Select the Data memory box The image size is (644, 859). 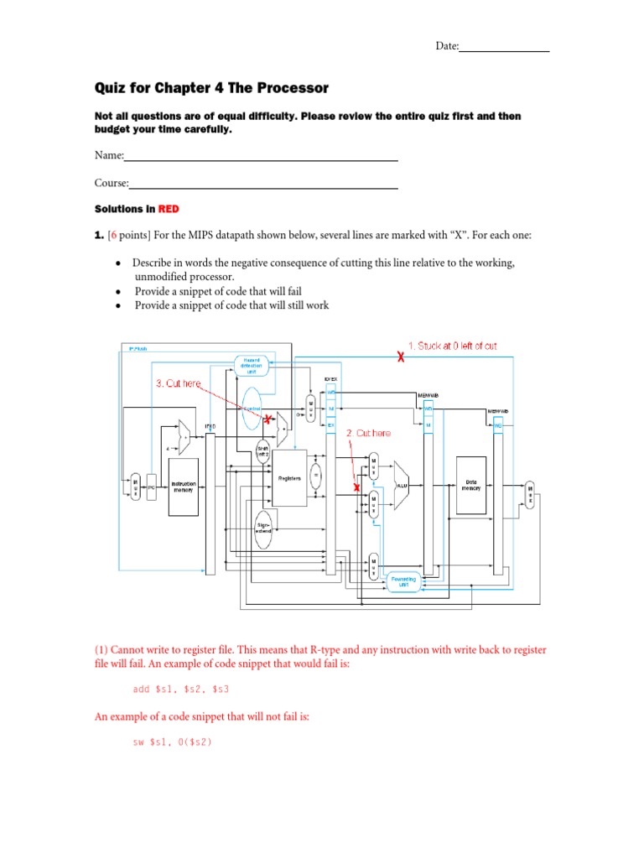(x=470, y=486)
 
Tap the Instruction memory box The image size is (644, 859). (x=184, y=487)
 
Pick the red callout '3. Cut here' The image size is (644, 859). (x=179, y=383)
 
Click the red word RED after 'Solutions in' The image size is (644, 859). (x=169, y=208)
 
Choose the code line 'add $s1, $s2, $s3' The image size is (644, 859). (x=181, y=689)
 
